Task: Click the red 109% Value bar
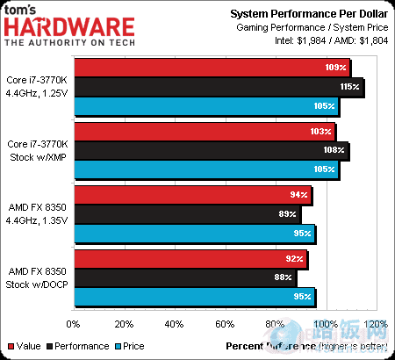pos(211,68)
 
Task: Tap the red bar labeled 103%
pos(204,131)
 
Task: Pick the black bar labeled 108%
pos(210,150)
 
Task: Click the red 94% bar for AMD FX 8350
pos(192,194)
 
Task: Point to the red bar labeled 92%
pos(190,258)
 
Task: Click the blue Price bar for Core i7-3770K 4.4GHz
pos(205,106)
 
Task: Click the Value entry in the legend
pos(24,346)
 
